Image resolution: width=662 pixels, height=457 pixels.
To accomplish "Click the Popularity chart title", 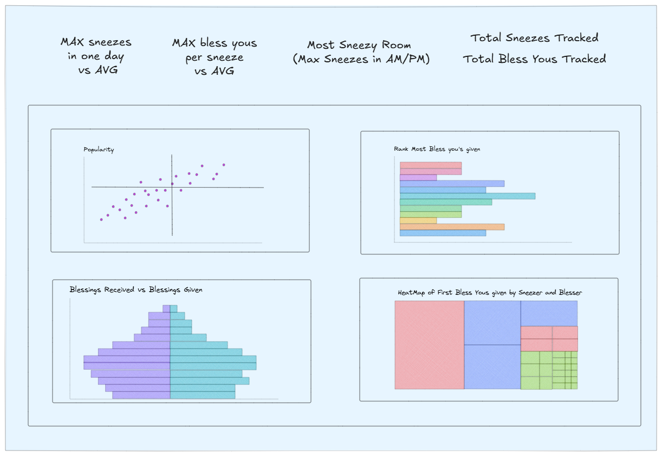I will click(99, 150).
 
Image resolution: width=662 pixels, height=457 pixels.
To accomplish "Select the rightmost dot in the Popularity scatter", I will click(223, 165).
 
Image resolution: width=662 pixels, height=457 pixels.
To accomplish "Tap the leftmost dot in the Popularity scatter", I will click(101, 220).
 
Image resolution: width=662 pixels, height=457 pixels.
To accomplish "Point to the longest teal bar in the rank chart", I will click(467, 196).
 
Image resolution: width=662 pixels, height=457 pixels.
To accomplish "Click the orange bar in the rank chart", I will click(452, 227).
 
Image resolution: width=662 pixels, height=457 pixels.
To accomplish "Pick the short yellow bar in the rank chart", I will click(418, 221).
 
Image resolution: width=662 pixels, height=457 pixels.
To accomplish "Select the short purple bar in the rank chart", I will click(418, 177).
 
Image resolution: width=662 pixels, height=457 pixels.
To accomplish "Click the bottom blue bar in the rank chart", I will click(443, 233).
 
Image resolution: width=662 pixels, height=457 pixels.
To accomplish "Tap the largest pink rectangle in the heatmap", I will click(429, 345).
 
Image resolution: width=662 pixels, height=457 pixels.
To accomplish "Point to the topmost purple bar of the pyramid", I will click(166, 308).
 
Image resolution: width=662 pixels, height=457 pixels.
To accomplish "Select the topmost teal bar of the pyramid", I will click(173, 308).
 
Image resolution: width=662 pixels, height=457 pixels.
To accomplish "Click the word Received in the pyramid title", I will click(119, 289).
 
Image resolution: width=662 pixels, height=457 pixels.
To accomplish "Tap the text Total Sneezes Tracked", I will click(534, 38).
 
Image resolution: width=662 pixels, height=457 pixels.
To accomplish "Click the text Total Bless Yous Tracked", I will click(534, 59).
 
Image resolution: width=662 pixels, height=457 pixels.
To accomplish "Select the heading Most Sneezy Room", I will click(359, 46).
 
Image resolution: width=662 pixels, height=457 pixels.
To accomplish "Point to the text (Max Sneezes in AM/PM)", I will click(361, 60).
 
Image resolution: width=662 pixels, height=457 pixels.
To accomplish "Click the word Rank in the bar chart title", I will click(401, 149).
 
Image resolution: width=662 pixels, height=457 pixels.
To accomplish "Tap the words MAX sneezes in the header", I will click(96, 42).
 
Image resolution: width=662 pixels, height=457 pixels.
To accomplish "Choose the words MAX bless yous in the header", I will click(215, 43).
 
